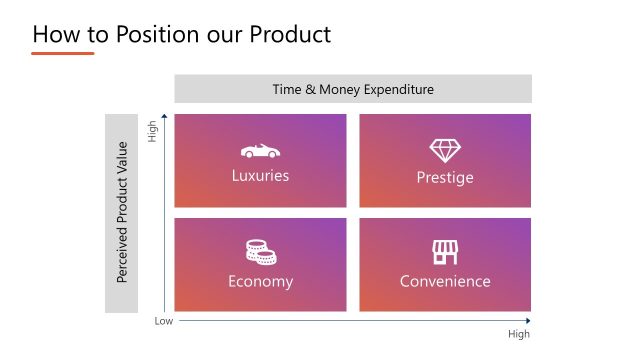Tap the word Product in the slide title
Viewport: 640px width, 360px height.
281,34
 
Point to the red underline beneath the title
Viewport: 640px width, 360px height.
62,53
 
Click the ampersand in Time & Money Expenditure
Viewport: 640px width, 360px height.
312,89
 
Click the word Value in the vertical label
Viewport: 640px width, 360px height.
122,159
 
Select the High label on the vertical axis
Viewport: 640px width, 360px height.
153,131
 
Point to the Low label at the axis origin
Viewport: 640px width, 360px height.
163,322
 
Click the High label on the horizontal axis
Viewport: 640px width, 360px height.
519,334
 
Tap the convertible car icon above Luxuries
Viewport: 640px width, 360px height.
260,151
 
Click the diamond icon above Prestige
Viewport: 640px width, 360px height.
445,151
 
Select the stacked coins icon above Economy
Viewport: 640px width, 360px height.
260,252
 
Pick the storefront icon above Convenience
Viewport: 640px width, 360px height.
445,252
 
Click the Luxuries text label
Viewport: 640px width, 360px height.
260,176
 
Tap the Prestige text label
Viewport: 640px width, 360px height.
445,177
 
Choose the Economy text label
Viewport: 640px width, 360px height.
260,281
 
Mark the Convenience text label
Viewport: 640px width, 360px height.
445,281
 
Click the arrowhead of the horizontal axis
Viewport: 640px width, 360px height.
528,322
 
